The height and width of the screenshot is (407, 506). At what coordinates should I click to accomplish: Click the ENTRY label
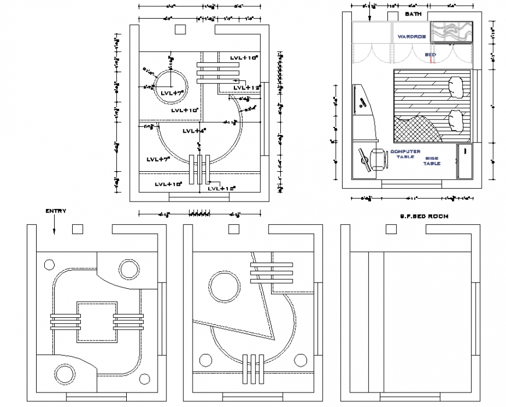coord(56,211)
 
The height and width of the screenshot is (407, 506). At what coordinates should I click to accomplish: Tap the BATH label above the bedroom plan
coord(413,13)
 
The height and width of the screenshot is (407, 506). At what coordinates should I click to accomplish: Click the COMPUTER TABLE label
coord(405,154)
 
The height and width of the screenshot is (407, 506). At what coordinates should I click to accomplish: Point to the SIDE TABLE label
coord(432,161)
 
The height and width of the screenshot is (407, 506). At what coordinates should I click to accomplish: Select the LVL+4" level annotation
coord(194,131)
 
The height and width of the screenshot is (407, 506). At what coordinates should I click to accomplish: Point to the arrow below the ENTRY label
coord(54,225)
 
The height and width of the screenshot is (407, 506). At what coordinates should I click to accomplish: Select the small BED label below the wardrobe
coord(430,55)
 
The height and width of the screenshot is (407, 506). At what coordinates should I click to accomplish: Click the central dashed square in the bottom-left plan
coord(97,321)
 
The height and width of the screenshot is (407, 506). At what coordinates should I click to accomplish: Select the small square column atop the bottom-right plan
coord(387,229)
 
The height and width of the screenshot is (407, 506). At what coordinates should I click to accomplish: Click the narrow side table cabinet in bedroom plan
coord(465,161)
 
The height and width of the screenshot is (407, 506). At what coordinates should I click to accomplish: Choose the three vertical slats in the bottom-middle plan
coord(252,369)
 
